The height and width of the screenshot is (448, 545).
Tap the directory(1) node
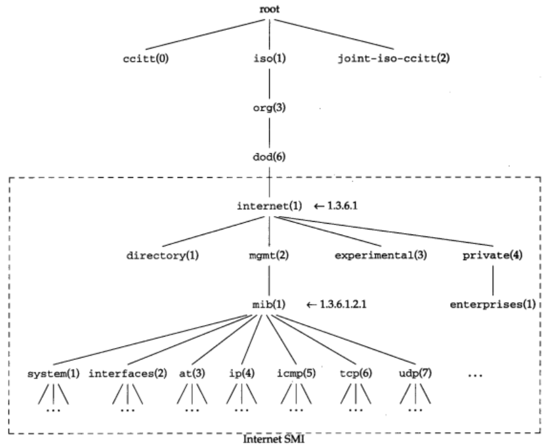pyautogui.click(x=163, y=257)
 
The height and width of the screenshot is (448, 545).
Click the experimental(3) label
pyautogui.click(x=381, y=257)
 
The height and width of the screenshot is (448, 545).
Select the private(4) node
pyautogui.click(x=493, y=257)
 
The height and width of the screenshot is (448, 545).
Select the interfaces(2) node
pyautogui.click(x=127, y=372)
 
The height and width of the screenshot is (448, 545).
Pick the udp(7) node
pyautogui.click(x=415, y=372)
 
